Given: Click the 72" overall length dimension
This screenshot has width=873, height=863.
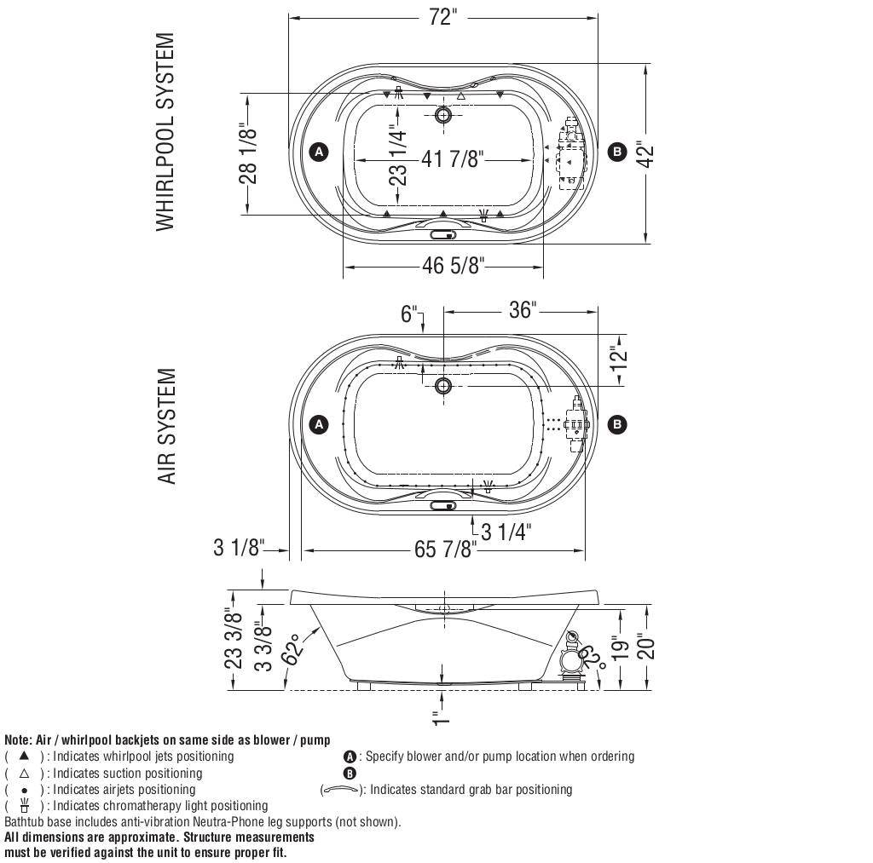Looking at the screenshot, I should (x=442, y=17).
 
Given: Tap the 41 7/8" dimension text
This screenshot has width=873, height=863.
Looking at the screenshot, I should (x=453, y=159).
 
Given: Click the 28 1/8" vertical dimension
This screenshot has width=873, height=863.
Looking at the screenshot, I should (x=248, y=153).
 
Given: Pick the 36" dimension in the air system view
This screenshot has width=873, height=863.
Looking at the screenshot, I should (x=521, y=310).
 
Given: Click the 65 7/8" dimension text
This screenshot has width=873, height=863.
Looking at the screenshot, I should (x=443, y=549).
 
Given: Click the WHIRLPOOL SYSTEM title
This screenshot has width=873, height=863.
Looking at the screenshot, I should (x=165, y=132).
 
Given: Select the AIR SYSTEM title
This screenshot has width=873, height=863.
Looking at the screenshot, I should (x=167, y=426).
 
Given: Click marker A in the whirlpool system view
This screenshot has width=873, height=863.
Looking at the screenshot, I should (x=318, y=152).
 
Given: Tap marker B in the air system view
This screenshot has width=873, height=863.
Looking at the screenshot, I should (x=616, y=424).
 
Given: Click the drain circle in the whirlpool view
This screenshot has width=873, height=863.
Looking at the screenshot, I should (x=442, y=114).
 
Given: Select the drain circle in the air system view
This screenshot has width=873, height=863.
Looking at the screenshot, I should (x=442, y=386).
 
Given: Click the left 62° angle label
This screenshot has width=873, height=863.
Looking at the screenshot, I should (x=295, y=650).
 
